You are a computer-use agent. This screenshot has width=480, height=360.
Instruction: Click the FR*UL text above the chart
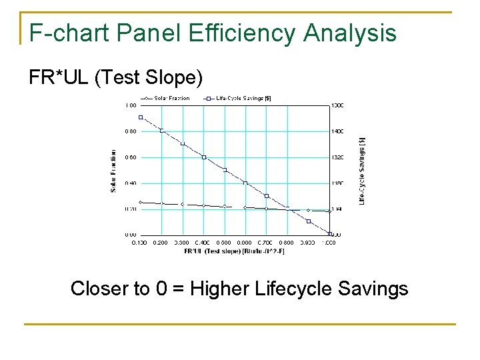[x=59, y=78]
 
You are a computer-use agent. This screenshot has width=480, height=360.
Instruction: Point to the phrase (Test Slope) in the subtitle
[x=147, y=78]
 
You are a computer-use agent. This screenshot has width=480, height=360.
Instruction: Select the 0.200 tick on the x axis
[x=161, y=243]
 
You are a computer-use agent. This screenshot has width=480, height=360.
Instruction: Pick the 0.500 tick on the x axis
[x=224, y=243]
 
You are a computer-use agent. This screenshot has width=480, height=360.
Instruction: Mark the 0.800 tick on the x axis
[x=287, y=243]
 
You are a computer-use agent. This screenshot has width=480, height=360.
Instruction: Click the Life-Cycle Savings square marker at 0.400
[x=204, y=157]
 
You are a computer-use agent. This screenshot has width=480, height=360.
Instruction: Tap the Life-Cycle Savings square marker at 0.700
[x=267, y=196]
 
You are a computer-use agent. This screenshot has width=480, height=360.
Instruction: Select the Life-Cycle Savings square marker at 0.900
[x=309, y=221]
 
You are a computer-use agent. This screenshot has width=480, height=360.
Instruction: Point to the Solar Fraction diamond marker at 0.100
[x=141, y=202]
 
